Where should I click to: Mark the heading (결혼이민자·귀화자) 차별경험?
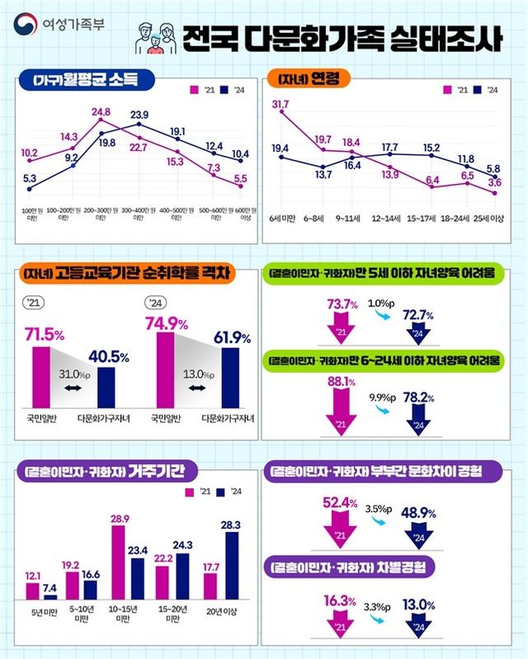351,569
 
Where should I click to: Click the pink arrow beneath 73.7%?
339,327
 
